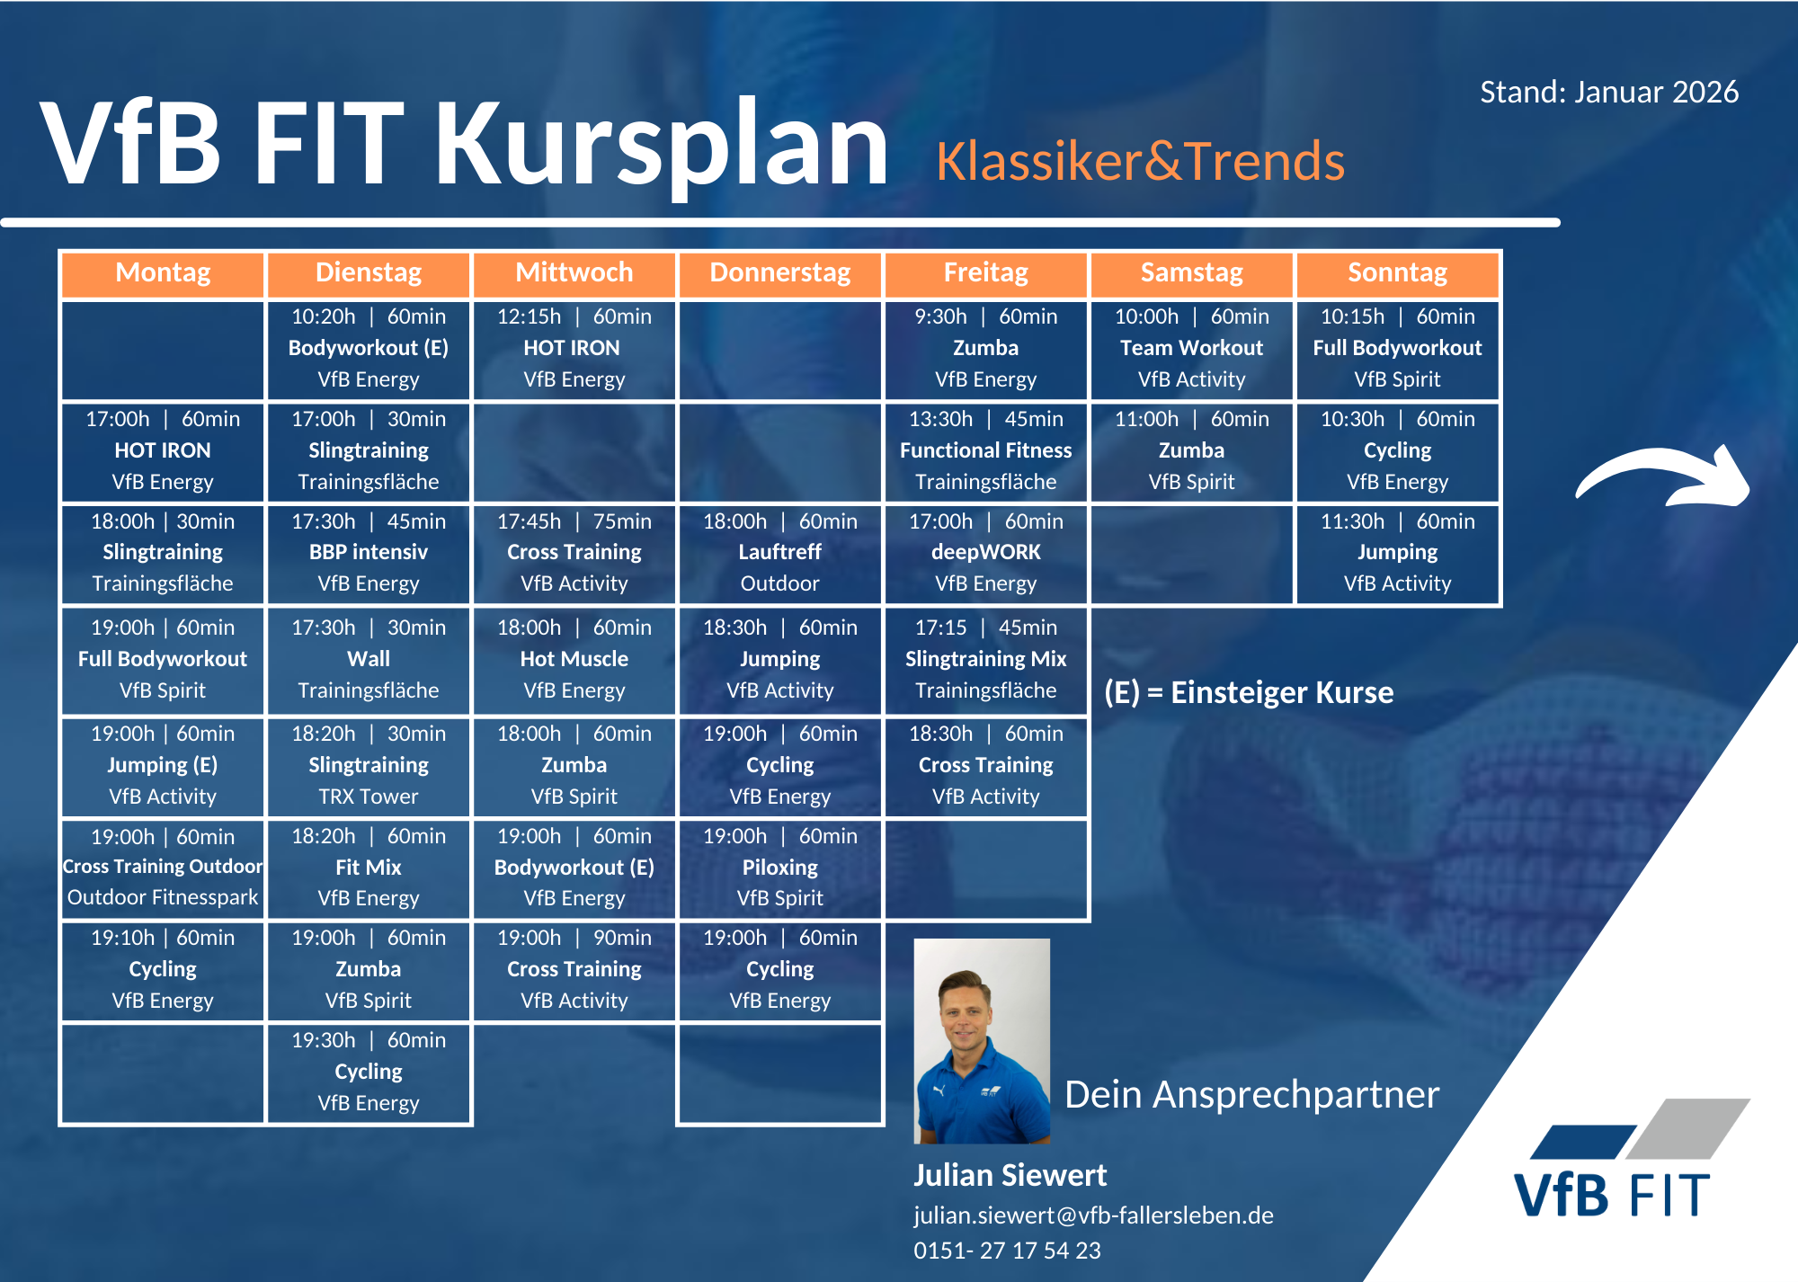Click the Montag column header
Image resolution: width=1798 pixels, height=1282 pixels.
163,273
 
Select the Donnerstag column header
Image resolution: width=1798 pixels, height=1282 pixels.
780,273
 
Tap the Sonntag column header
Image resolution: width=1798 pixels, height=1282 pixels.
1397,273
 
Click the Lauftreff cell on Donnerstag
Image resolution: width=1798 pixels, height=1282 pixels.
780,553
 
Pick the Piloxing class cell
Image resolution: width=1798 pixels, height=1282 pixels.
780,868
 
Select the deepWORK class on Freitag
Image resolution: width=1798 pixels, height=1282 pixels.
986,553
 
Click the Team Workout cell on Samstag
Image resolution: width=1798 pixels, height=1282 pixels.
1191,349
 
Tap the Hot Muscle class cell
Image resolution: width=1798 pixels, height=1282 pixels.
574,659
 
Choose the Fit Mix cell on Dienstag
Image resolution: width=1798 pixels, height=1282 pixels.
369,868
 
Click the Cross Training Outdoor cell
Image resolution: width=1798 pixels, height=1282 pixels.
163,868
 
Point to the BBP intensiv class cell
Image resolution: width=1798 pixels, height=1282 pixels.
369,553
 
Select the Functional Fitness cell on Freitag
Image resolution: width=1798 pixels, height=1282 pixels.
986,450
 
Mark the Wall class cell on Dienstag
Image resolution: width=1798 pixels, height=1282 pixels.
369,659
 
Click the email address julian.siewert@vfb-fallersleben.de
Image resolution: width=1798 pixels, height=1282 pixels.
1093,1215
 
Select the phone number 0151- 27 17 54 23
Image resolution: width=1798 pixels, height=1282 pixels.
1007,1251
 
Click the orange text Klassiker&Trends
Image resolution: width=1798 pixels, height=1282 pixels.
1140,162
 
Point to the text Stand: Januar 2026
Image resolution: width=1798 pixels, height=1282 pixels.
1609,93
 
